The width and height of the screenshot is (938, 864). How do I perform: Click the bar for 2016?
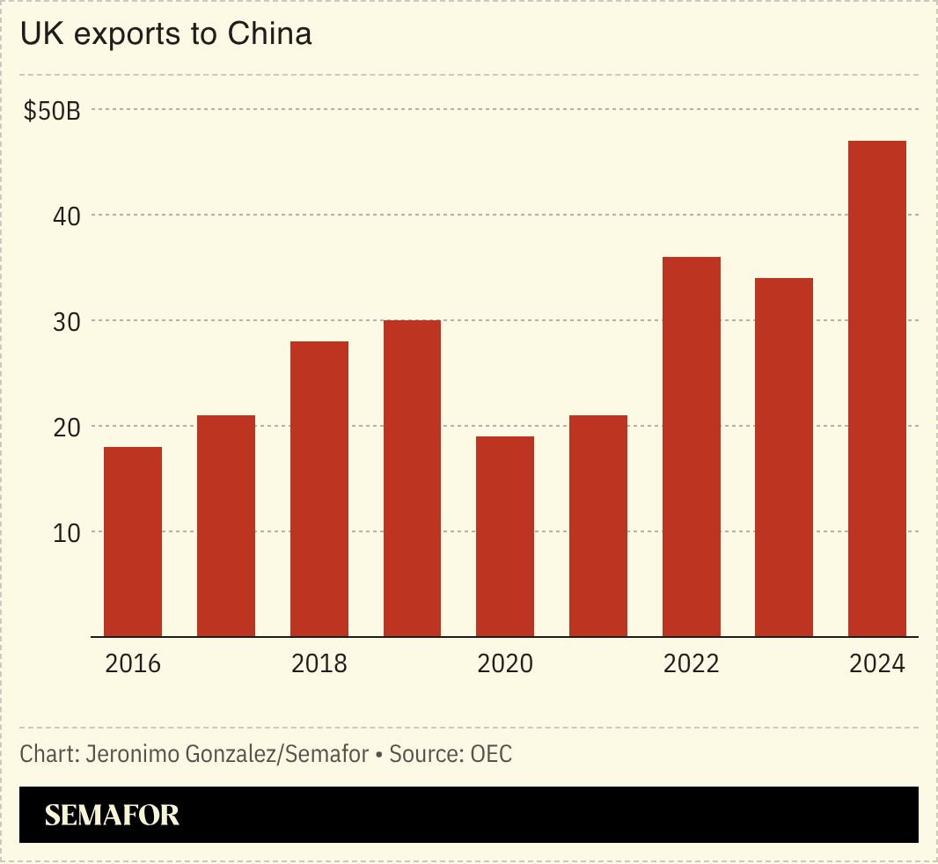click(133, 541)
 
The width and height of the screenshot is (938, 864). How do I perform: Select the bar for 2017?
click(226, 525)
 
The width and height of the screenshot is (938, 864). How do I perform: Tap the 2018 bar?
click(319, 488)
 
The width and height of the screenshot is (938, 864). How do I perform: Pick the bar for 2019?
click(412, 478)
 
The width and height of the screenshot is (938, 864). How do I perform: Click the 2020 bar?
click(504, 536)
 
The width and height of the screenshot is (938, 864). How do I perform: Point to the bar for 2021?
click(597, 525)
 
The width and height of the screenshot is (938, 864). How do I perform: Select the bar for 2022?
click(691, 446)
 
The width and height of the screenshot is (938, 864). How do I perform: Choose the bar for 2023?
click(783, 457)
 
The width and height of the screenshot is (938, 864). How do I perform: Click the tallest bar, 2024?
click(876, 388)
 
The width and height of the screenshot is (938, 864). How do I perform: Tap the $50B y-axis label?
click(52, 112)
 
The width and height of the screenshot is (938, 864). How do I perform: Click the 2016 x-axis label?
click(133, 663)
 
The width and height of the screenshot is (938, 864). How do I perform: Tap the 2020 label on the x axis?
click(505, 663)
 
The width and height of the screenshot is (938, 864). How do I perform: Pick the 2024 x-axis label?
click(876, 663)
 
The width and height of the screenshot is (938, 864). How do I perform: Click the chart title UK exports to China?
click(165, 34)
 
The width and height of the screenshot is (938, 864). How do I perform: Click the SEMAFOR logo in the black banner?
click(112, 815)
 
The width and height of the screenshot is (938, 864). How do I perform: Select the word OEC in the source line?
click(492, 754)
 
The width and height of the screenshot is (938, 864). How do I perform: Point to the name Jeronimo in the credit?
click(125, 754)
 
